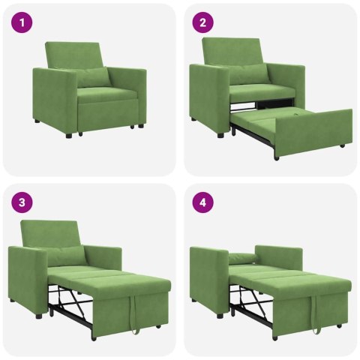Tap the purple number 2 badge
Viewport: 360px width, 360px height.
(x=202, y=22)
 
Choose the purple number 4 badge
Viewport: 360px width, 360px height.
(x=202, y=202)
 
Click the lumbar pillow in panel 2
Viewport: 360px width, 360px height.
(x=248, y=74)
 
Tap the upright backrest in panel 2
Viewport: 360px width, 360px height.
(x=232, y=50)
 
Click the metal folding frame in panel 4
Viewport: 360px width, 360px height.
(x=251, y=300)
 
